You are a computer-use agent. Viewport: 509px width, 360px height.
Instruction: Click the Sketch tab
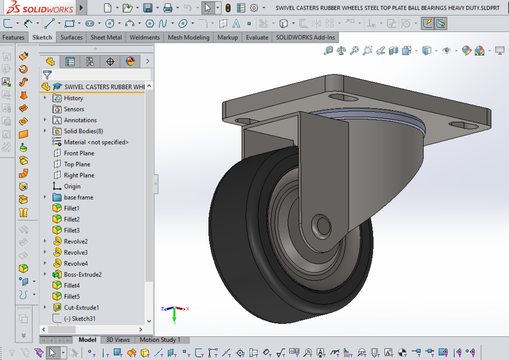click(42, 37)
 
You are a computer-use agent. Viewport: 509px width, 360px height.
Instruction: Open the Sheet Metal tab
click(106, 37)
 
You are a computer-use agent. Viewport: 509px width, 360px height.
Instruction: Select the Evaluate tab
click(257, 37)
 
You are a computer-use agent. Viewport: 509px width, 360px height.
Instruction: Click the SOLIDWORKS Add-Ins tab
click(305, 37)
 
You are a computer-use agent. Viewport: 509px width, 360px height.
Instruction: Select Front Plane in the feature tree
click(79, 153)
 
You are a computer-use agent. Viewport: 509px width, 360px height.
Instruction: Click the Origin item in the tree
click(72, 186)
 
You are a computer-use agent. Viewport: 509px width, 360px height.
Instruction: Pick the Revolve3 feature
click(76, 252)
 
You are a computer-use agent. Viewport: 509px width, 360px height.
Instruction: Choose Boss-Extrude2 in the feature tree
click(83, 274)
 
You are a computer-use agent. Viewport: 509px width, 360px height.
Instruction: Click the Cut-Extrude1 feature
click(81, 307)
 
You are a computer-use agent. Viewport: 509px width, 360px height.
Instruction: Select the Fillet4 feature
click(72, 285)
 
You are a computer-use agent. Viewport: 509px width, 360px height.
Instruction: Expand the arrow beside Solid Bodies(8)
click(45, 131)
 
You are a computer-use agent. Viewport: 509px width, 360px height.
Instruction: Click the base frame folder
click(78, 197)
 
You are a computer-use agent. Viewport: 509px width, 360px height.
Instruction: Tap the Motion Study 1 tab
click(160, 340)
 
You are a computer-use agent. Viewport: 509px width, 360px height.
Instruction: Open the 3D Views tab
click(118, 340)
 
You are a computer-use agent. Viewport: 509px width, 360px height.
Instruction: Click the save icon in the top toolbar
click(148, 8)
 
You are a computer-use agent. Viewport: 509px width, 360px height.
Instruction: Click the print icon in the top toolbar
click(168, 8)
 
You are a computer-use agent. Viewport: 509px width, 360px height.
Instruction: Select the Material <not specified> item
click(96, 142)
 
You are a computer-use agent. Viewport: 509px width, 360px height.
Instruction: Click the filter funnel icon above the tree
click(47, 75)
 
